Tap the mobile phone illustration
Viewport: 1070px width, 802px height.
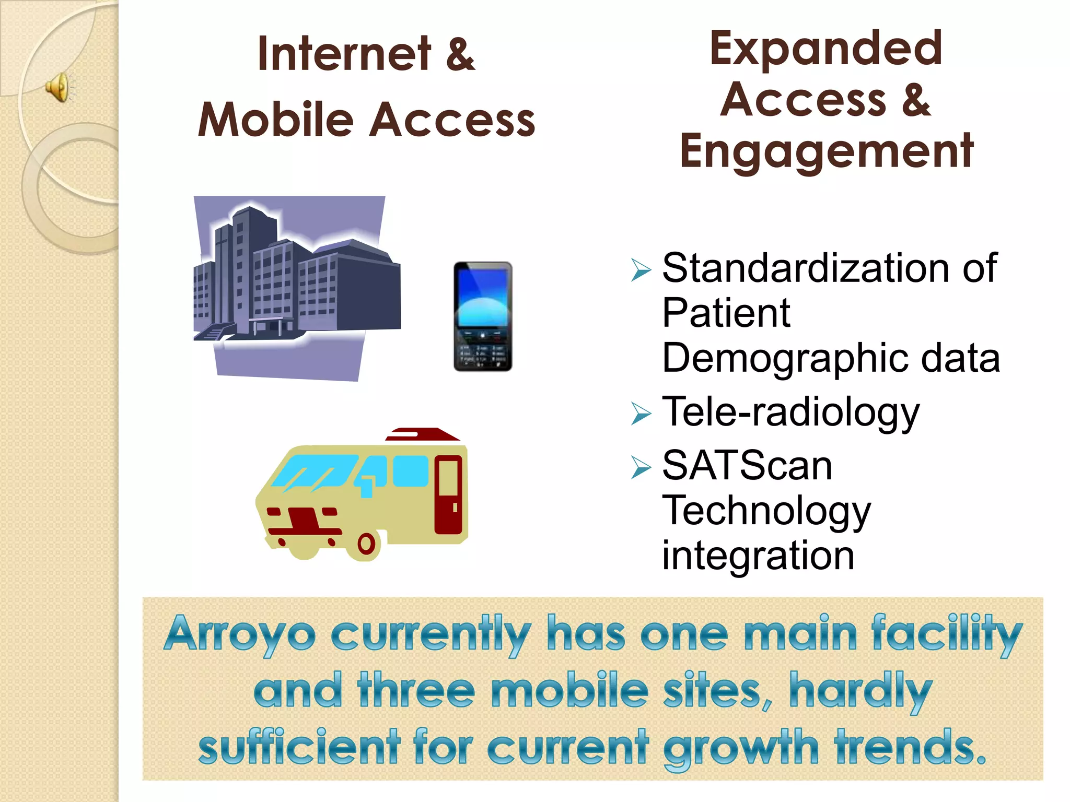[x=483, y=317]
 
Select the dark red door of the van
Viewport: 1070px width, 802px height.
[x=448, y=494]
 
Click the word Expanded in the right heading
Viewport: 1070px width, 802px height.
[x=825, y=48]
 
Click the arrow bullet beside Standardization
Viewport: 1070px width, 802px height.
[x=641, y=270]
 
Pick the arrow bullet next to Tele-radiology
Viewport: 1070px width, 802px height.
[x=641, y=414]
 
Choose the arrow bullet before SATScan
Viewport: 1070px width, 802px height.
[x=641, y=467]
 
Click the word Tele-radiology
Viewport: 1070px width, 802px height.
[x=790, y=412]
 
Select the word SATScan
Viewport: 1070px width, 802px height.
[x=747, y=466]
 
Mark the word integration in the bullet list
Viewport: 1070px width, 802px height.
[x=758, y=556]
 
